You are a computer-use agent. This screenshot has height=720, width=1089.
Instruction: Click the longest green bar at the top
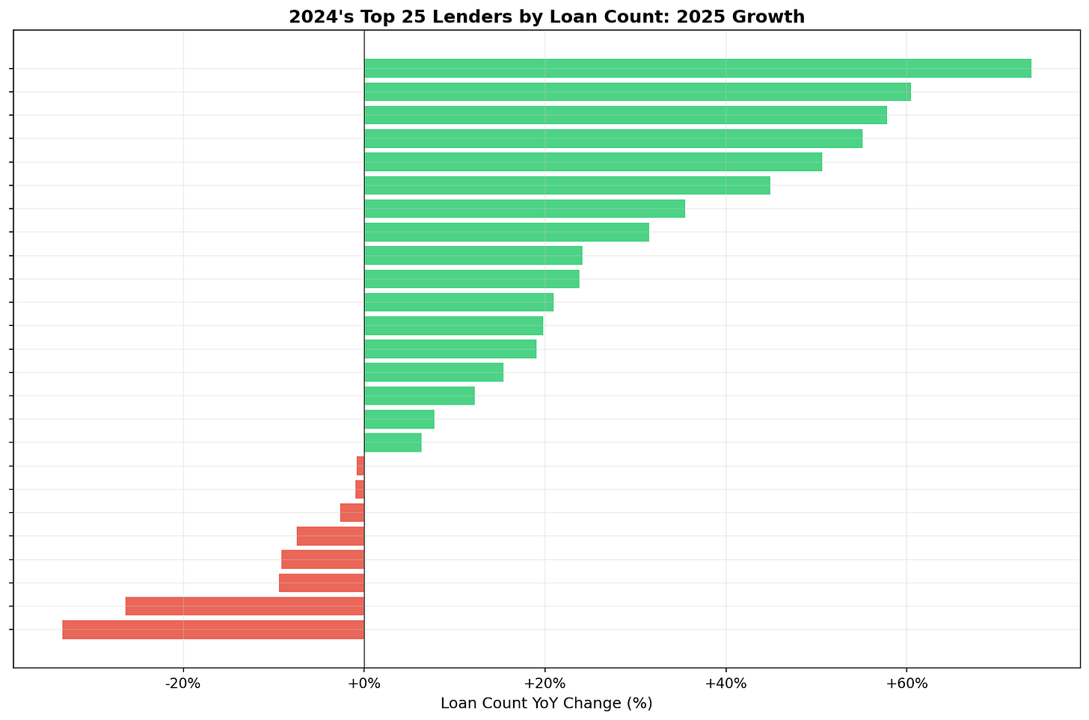[697, 68]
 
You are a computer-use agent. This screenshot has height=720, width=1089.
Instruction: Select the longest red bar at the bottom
[213, 630]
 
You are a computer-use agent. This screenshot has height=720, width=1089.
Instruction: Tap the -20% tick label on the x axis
[183, 683]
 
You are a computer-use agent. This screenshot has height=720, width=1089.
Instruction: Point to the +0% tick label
[364, 683]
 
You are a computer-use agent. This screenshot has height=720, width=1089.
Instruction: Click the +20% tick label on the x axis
[544, 683]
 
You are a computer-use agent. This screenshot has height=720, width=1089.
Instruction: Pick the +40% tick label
[726, 683]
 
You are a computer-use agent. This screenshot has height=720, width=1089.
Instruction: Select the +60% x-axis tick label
[907, 683]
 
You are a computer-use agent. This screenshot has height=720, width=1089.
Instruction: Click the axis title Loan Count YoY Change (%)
[547, 704]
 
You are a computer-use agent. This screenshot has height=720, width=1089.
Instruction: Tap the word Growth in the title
[773, 16]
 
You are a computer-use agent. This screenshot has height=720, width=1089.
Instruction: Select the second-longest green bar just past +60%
[637, 92]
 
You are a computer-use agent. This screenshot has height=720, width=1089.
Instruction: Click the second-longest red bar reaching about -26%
[245, 606]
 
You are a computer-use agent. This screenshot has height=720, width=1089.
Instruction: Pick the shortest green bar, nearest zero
[393, 443]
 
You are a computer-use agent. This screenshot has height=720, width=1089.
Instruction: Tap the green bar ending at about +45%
[567, 185]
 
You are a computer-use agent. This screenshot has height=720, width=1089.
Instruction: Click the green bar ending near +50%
[593, 161]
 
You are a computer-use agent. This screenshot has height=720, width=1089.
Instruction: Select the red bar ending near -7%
[331, 536]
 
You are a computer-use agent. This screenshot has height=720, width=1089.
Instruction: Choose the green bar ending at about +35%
[524, 209]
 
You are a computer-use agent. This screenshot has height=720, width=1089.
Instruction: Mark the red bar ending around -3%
[352, 513]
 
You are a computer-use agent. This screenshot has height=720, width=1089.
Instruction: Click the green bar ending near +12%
[420, 396]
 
